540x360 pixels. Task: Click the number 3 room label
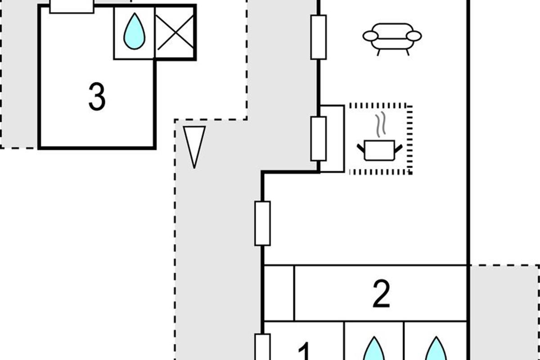97,97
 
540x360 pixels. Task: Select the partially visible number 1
305,352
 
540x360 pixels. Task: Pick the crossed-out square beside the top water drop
175,32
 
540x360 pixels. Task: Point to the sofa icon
392,39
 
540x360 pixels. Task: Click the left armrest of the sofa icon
370,36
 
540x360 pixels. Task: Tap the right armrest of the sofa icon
414,36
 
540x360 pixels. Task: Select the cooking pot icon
379,149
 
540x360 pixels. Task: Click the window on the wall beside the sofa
319,37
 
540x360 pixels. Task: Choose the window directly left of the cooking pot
319,139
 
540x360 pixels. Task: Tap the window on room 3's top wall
72,6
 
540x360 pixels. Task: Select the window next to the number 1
262,347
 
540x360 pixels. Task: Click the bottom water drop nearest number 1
374,350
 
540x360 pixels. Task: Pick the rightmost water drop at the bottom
436,350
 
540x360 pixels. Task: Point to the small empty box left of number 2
279,293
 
